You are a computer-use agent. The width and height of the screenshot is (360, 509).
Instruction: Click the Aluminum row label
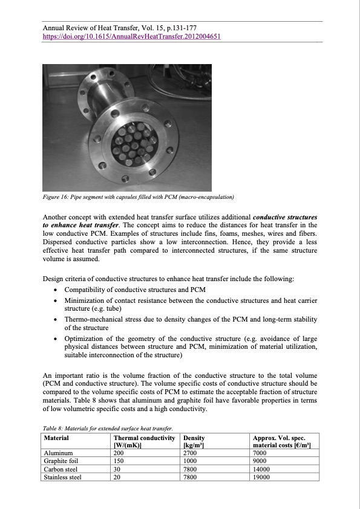tap(59, 452)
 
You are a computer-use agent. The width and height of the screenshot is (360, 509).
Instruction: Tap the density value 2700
tap(190, 452)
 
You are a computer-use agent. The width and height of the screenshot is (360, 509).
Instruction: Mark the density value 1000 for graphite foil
tap(190, 460)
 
